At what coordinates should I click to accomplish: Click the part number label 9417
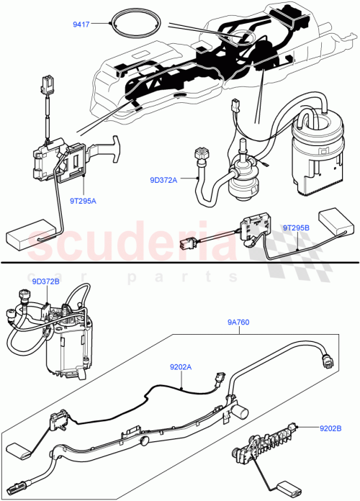[x=81, y=24]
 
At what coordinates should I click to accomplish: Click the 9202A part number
[x=181, y=366]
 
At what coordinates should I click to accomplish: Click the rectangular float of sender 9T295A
[x=26, y=235]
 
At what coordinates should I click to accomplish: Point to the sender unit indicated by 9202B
[x=266, y=441]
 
